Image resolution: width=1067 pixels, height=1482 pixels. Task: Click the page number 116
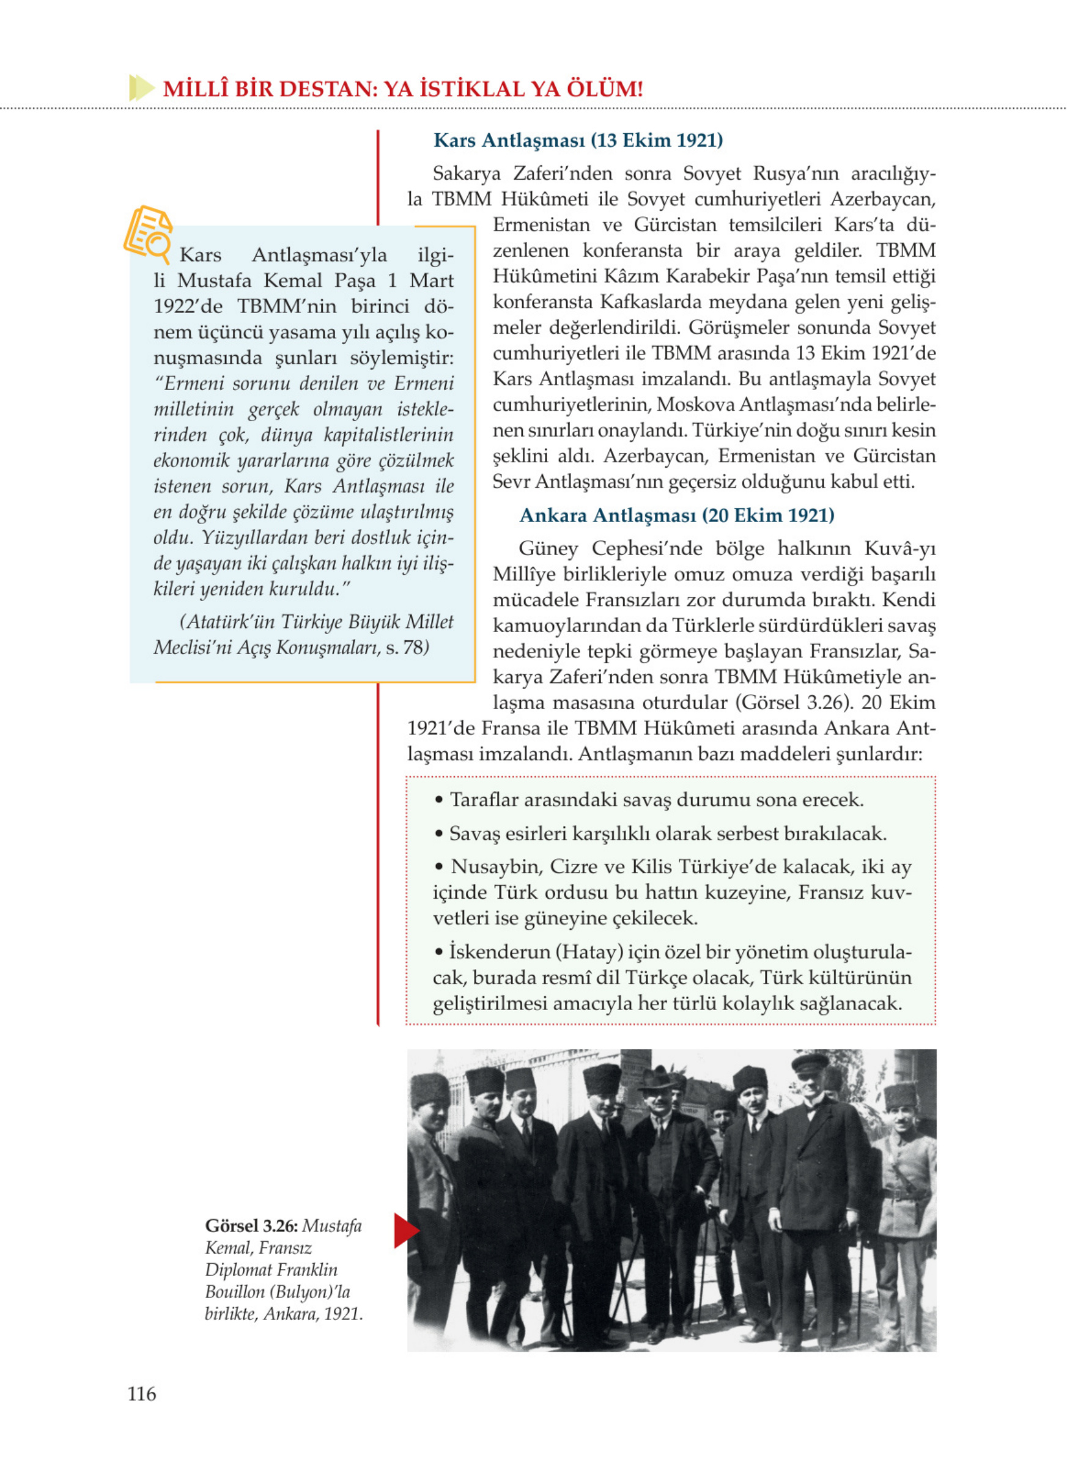coord(142,1394)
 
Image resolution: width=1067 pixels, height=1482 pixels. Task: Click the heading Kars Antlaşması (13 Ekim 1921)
coord(578,140)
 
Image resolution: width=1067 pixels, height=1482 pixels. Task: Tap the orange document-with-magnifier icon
coord(148,231)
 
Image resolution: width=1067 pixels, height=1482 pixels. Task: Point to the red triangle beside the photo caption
coord(405,1231)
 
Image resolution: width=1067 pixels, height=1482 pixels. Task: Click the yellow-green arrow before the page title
coord(141,87)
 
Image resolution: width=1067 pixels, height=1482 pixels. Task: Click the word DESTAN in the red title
coord(317,89)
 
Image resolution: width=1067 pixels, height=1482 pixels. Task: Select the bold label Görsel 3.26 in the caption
coord(251,1226)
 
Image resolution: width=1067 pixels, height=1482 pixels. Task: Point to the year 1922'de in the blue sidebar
coord(188,306)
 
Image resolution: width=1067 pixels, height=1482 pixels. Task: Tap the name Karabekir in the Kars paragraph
coord(704,276)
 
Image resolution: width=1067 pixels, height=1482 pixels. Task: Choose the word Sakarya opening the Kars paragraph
coord(467,174)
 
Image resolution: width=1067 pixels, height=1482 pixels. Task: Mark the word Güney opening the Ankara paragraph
coord(548,548)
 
